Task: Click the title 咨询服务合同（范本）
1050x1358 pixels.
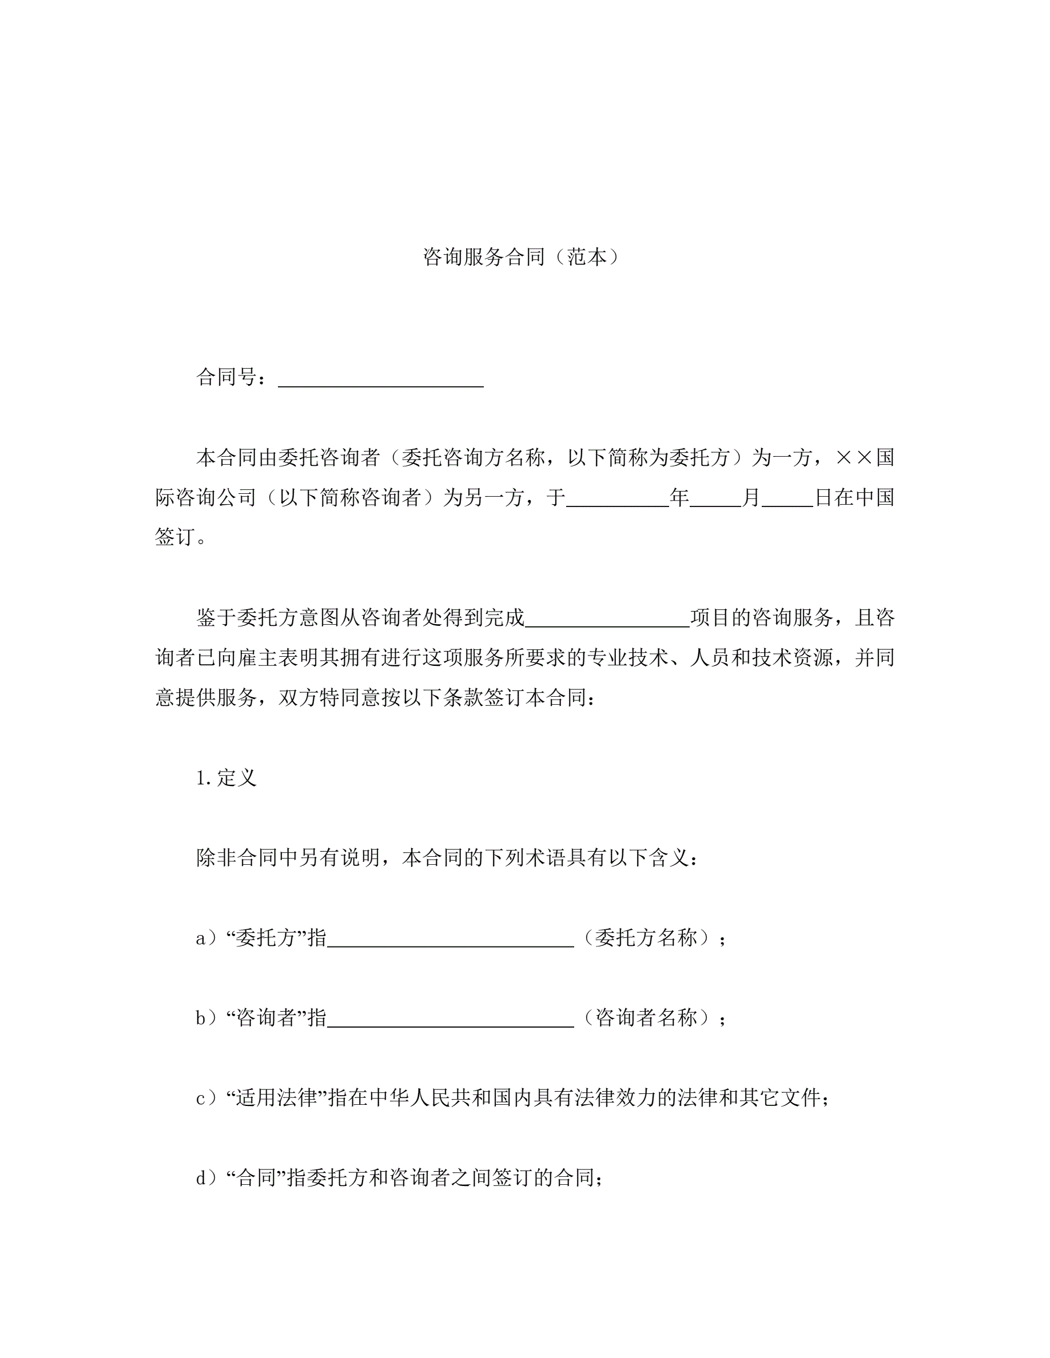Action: [521, 257]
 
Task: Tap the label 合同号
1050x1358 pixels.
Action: [226, 377]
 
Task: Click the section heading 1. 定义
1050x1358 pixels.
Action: [226, 778]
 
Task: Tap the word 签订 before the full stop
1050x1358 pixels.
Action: [175, 537]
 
